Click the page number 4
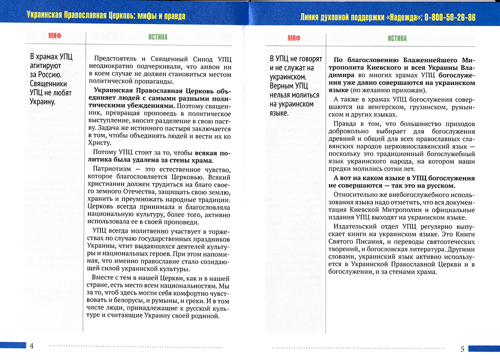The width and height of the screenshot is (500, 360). [x=31, y=346]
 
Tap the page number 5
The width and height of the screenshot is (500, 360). [x=462, y=349]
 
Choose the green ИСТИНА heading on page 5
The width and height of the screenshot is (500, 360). [x=397, y=38]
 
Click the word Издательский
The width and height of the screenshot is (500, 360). [x=355, y=227]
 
